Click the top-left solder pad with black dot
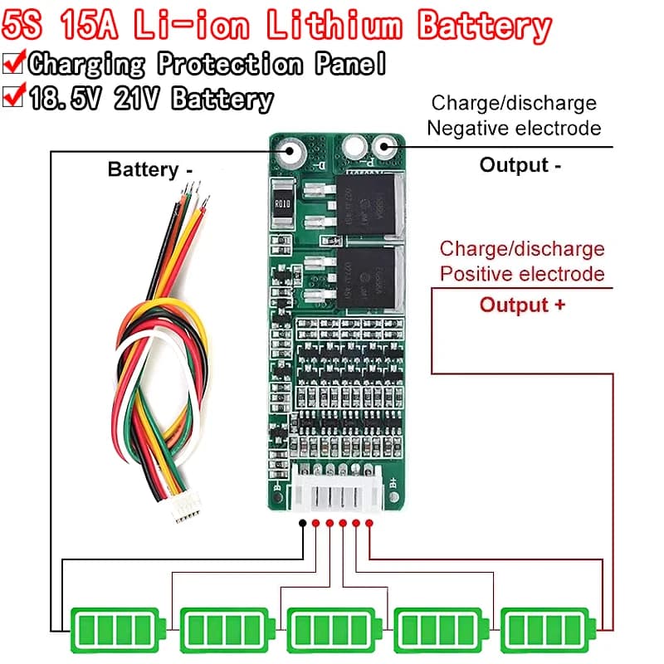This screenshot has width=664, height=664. pyautogui.click(x=290, y=152)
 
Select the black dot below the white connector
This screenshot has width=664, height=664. pyautogui.click(x=304, y=524)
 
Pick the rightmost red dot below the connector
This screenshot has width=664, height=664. pyautogui.click(x=369, y=524)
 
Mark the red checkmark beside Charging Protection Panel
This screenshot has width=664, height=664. pyautogui.click(x=14, y=62)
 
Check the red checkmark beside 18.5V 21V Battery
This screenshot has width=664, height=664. pyautogui.click(x=14, y=97)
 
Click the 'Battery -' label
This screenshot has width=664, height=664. pyautogui.click(x=150, y=170)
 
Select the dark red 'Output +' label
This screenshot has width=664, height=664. pyautogui.click(x=523, y=305)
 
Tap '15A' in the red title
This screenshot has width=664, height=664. pyautogui.click(x=88, y=26)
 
